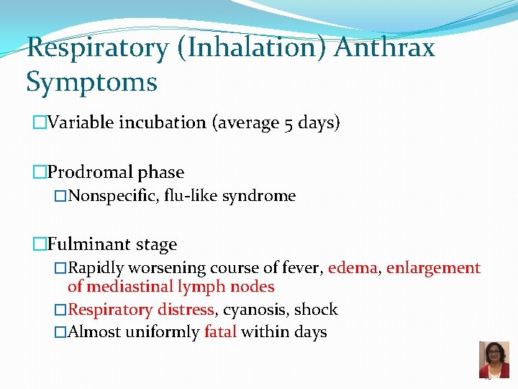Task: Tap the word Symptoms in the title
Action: (91, 82)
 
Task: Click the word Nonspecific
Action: (112, 196)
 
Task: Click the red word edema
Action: (353, 268)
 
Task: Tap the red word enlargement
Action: (433, 268)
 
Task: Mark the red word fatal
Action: (220, 332)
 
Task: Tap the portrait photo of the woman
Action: (494, 359)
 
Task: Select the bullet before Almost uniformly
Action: (60, 332)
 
